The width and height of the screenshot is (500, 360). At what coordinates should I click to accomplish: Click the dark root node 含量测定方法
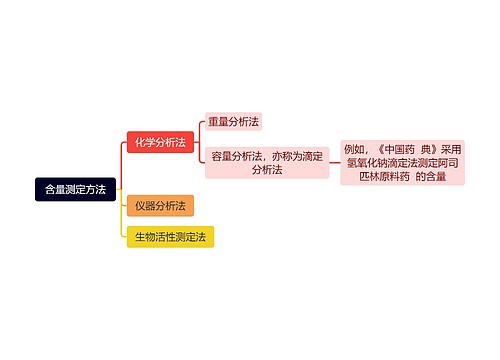point(76,188)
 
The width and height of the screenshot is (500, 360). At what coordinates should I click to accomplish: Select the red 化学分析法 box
point(160,142)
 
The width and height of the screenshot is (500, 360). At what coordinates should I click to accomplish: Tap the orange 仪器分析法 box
point(160,206)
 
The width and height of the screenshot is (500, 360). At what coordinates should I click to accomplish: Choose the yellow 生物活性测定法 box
point(170,237)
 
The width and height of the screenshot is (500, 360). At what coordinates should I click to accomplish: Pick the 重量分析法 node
point(233,122)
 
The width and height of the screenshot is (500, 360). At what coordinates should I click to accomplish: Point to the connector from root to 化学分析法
point(122,160)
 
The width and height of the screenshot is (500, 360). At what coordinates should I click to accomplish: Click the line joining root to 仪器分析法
point(122,199)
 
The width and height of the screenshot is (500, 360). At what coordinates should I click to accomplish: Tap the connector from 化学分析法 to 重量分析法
point(198,131)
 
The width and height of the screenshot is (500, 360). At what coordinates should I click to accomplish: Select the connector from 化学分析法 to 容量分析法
point(198,153)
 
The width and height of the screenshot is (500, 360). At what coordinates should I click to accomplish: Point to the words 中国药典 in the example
point(411,147)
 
